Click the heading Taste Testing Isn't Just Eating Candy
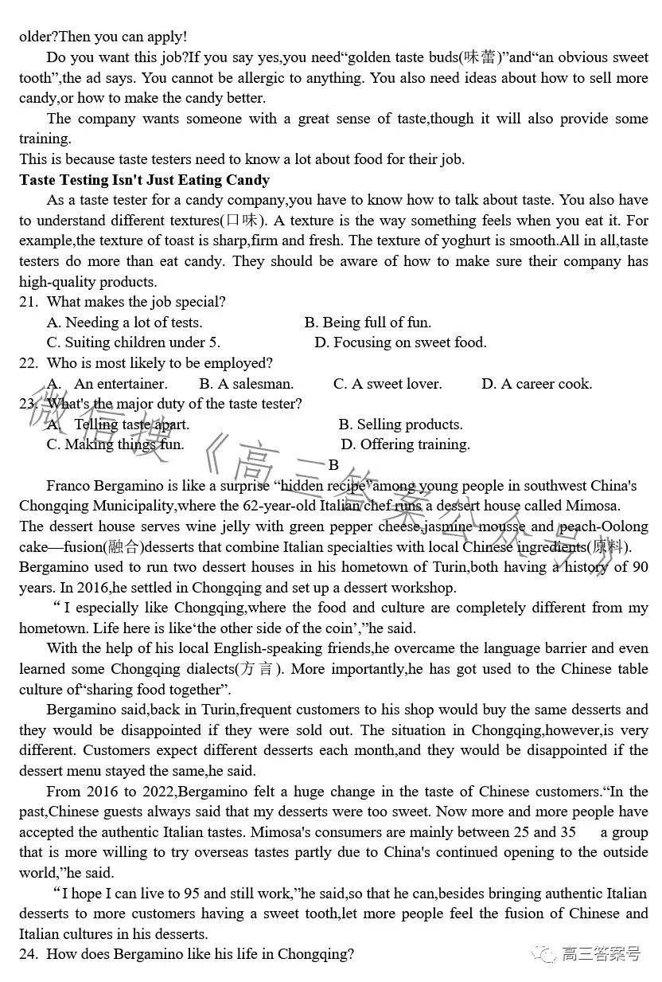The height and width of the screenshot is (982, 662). pyautogui.click(x=144, y=179)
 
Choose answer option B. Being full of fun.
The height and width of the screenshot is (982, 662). pyautogui.click(x=368, y=322)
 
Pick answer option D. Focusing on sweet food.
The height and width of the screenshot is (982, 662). pyautogui.click(x=400, y=342)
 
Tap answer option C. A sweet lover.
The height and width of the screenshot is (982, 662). pyautogui.click(x=387, y=384)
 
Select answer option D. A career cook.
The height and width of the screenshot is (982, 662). pyautogui.click(x=536, y=384)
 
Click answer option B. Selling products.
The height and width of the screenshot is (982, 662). pyautogui.click(x=400, y=424)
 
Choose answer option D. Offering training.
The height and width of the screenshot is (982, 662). pyautogui.click(x=405, y=444)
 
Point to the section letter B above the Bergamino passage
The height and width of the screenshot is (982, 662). pyautogui.click(x=333, y=465)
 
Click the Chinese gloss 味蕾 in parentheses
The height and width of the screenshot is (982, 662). pyautogui.click(x=481, y=57)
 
